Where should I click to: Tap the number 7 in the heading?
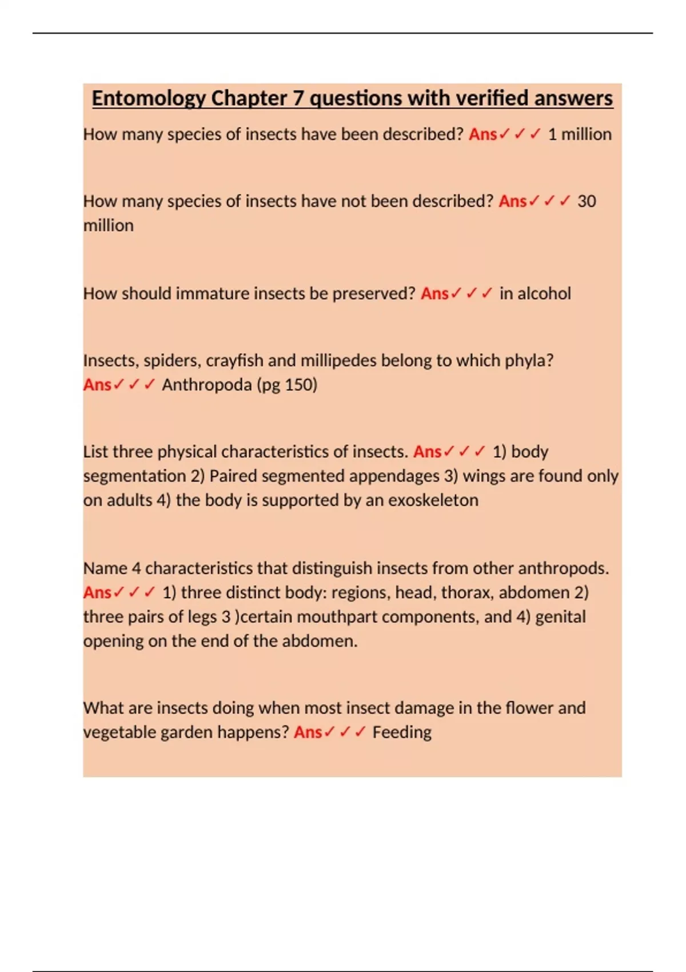298,99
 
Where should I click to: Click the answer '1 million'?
580,134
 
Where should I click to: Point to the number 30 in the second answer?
587,201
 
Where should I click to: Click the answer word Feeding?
402,732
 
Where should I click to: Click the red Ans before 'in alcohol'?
434,294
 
